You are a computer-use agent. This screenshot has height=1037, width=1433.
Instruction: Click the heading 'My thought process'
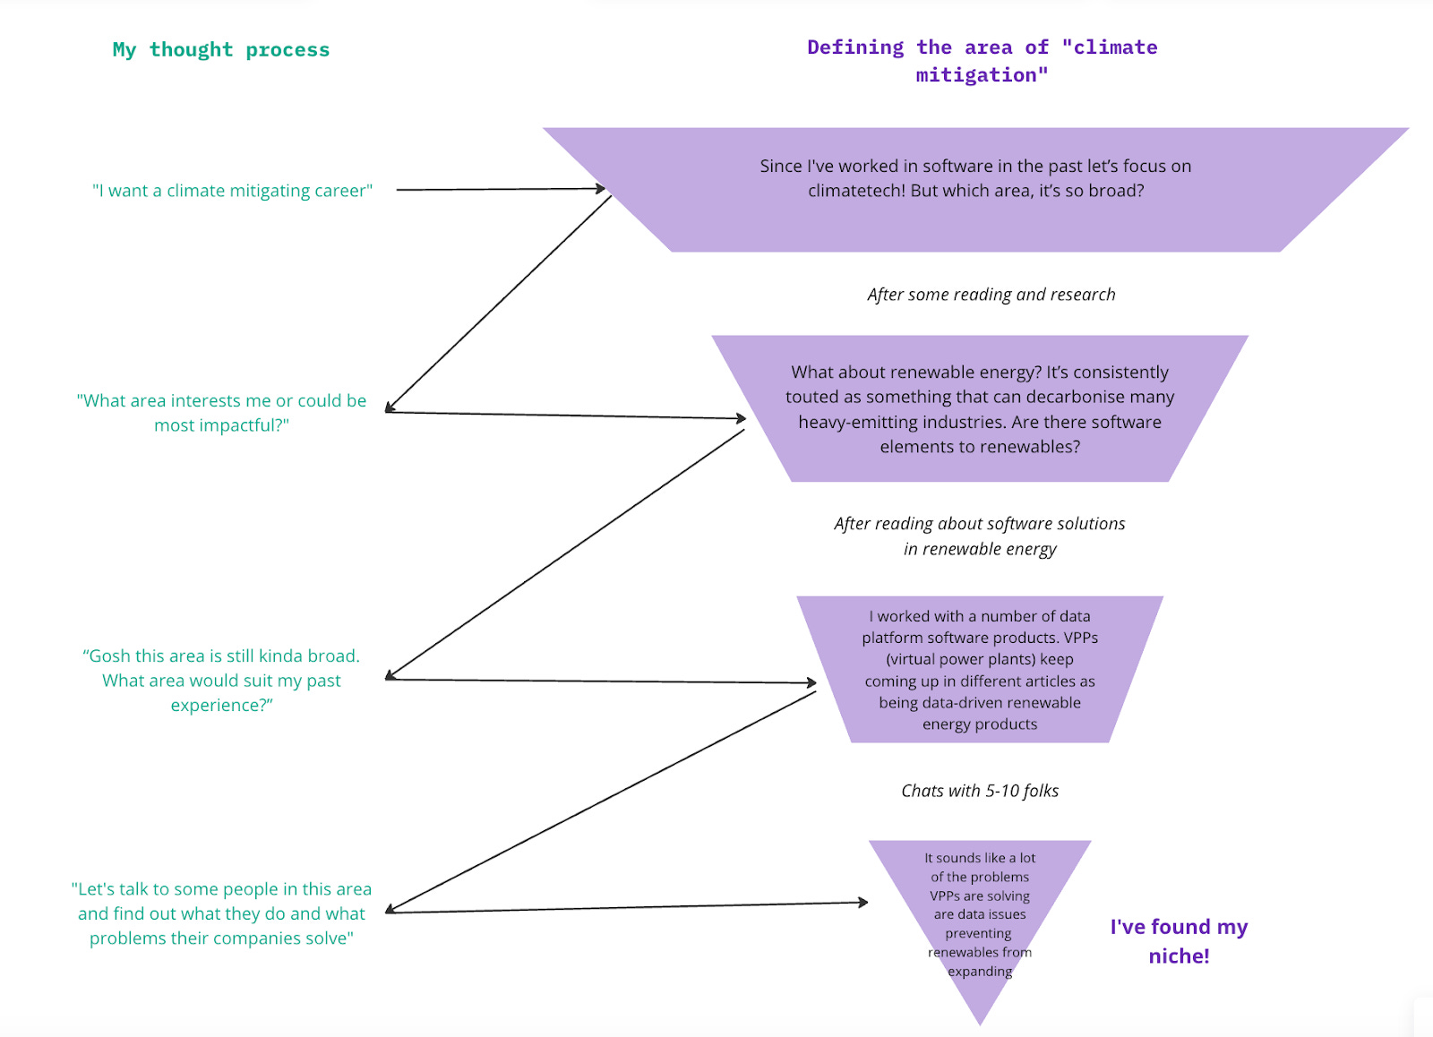click(x=220, y=50)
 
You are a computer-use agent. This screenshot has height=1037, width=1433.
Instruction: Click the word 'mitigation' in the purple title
click(x=975, y=75)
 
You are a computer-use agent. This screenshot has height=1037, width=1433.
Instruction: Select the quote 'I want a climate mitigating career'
click(x=232, y=191)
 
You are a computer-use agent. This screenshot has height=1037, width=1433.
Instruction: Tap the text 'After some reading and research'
click(x=991, y=295)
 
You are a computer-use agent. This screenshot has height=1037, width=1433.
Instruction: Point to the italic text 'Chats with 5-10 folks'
click(x=980, y=791)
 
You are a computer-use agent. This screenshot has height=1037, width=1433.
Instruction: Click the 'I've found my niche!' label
click(x=1179, y=940)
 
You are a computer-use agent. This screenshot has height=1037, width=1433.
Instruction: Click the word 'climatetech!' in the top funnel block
click(x=855, y=191)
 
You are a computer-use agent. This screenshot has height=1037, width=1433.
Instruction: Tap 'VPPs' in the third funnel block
click(x=1080, y=638)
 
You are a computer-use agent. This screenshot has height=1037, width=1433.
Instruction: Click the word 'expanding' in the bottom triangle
click(x=980, y=972)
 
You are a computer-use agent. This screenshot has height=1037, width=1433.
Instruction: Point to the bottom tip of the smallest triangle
click(x=981, y=1023)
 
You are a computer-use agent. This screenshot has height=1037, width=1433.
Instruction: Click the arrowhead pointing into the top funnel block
click(x=602, y=188)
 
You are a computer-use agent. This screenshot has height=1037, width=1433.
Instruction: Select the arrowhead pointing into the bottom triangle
click(x=863, y=902)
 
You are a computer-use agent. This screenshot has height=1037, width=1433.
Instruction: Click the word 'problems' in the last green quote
click(x=126, y=938)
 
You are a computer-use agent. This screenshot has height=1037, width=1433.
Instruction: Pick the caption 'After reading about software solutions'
click(x=979, y=524)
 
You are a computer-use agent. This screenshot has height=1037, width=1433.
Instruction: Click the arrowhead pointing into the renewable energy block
click(x=741, y=418)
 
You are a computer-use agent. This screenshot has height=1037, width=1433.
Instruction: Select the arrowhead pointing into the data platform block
click(x=811, y=682)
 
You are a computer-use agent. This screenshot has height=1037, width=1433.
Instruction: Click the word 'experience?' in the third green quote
click(x=221, y=706)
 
